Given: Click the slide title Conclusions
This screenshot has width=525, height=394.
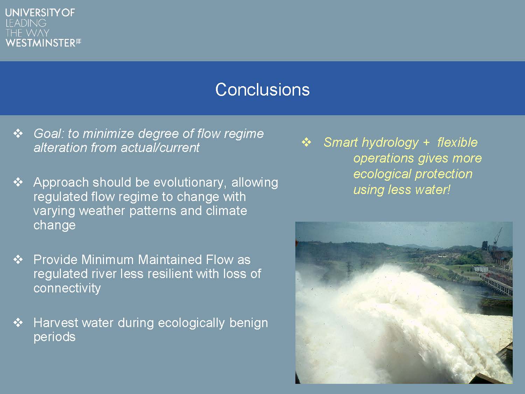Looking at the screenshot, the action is [262, 90].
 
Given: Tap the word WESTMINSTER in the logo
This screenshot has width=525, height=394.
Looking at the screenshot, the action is [41, 43].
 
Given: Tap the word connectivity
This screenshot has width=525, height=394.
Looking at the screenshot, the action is [67, 288].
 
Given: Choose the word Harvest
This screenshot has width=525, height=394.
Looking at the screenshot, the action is [56, 323].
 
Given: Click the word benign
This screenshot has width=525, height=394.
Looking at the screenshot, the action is [249, 323].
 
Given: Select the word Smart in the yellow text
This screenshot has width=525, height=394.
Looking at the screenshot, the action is [341, 142].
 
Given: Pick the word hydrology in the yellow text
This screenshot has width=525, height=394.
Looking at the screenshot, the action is [390, 143].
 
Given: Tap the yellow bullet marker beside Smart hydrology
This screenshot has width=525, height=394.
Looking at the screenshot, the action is [306, 142].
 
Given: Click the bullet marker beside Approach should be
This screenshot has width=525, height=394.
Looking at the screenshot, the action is [18, 182].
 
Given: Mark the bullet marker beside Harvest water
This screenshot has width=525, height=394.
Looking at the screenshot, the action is [18, 323].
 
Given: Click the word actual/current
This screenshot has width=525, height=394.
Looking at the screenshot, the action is [160, 147].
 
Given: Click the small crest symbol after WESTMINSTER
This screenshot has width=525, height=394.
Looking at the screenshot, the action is [79, 42].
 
